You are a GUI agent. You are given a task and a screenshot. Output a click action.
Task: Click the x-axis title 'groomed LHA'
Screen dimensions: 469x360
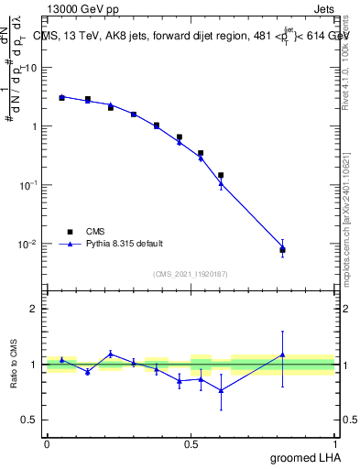click(x=303, y=457)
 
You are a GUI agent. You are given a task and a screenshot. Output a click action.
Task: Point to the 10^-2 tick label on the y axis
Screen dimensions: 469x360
click(x=29, y=244)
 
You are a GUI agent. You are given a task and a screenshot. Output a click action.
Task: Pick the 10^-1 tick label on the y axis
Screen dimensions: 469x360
click(x=29, y=185)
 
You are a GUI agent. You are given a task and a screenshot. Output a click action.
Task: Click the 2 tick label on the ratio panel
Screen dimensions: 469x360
click(x=35, y=309)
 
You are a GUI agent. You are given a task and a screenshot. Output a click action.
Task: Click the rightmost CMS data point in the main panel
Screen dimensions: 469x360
click(x=282, y=249)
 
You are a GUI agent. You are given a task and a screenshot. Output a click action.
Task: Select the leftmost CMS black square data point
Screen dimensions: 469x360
click(x=61, y=97)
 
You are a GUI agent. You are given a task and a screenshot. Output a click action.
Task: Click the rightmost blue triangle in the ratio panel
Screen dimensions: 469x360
click(x=282, y=354)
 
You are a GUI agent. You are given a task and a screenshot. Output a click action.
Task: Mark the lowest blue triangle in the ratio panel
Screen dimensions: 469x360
click(x=221, y=390)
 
